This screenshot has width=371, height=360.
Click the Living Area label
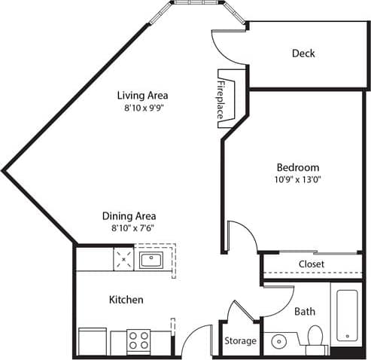click(141, 96)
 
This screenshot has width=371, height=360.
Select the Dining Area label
click(129, 216)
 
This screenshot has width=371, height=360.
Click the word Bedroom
click(297, 167)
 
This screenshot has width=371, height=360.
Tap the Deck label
click(303, 53)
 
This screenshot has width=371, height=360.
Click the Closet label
click(311, 264)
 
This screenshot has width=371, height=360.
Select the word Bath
click(305, 311)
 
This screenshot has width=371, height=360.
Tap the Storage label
click(241, 341)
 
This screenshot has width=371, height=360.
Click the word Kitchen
click(126, 300)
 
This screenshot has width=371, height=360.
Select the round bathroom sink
click(279, 341)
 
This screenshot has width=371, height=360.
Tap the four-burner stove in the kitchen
click(138, 341)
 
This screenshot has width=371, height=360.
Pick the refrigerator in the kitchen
click(93, 341)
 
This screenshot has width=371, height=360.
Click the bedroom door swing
click(241, 237)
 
